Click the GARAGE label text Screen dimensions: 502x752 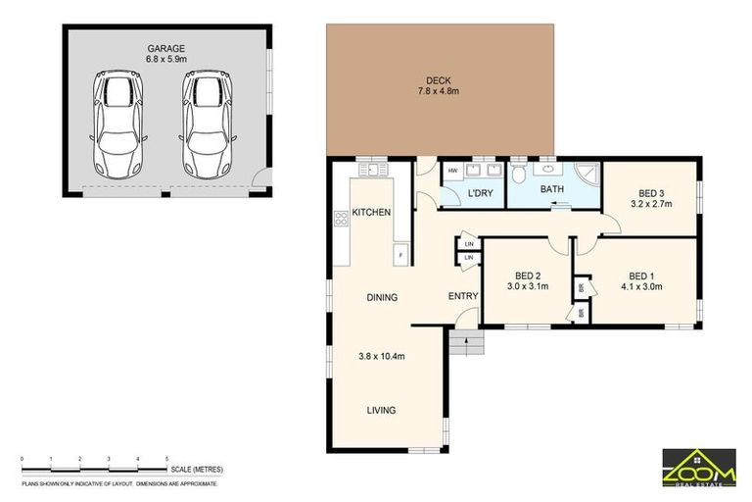click(x=165, y=47)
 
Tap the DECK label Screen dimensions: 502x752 click(x=438, y=80)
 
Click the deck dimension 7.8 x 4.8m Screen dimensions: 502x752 click(x=438, y=91)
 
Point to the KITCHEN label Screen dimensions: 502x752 click(x=372, y=213)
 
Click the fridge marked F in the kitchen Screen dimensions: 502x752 click(x=400, y=255)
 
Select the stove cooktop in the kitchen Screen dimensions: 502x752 click(x=342, y=220)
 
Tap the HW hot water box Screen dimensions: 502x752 click(x=453, y=172)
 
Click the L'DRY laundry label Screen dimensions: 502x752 click(x=479, y=194)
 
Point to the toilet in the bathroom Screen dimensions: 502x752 click(x=519, y=176)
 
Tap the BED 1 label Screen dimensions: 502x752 click(x=642, y=276)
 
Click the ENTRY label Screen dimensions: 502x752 click(x=463, y=297)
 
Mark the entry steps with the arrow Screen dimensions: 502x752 click(x=468, y=343)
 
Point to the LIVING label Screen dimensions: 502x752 click(x=382, y=411)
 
